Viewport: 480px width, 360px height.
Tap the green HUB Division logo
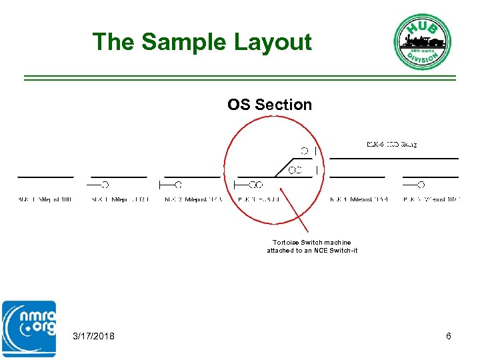click(x=422, y=41)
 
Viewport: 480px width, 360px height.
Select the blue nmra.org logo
click(x=29, y=329)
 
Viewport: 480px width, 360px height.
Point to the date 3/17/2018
click(x=93, y=336)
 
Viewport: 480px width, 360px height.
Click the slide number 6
click(x=449, y=336)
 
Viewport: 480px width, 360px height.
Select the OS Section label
click(x=269, y=105)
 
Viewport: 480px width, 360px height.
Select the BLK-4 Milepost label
click(x=359, y=199)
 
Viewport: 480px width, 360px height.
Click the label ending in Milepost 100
click(x=45, y=199)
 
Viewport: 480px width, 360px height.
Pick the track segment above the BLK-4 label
click(x=357, y=177)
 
